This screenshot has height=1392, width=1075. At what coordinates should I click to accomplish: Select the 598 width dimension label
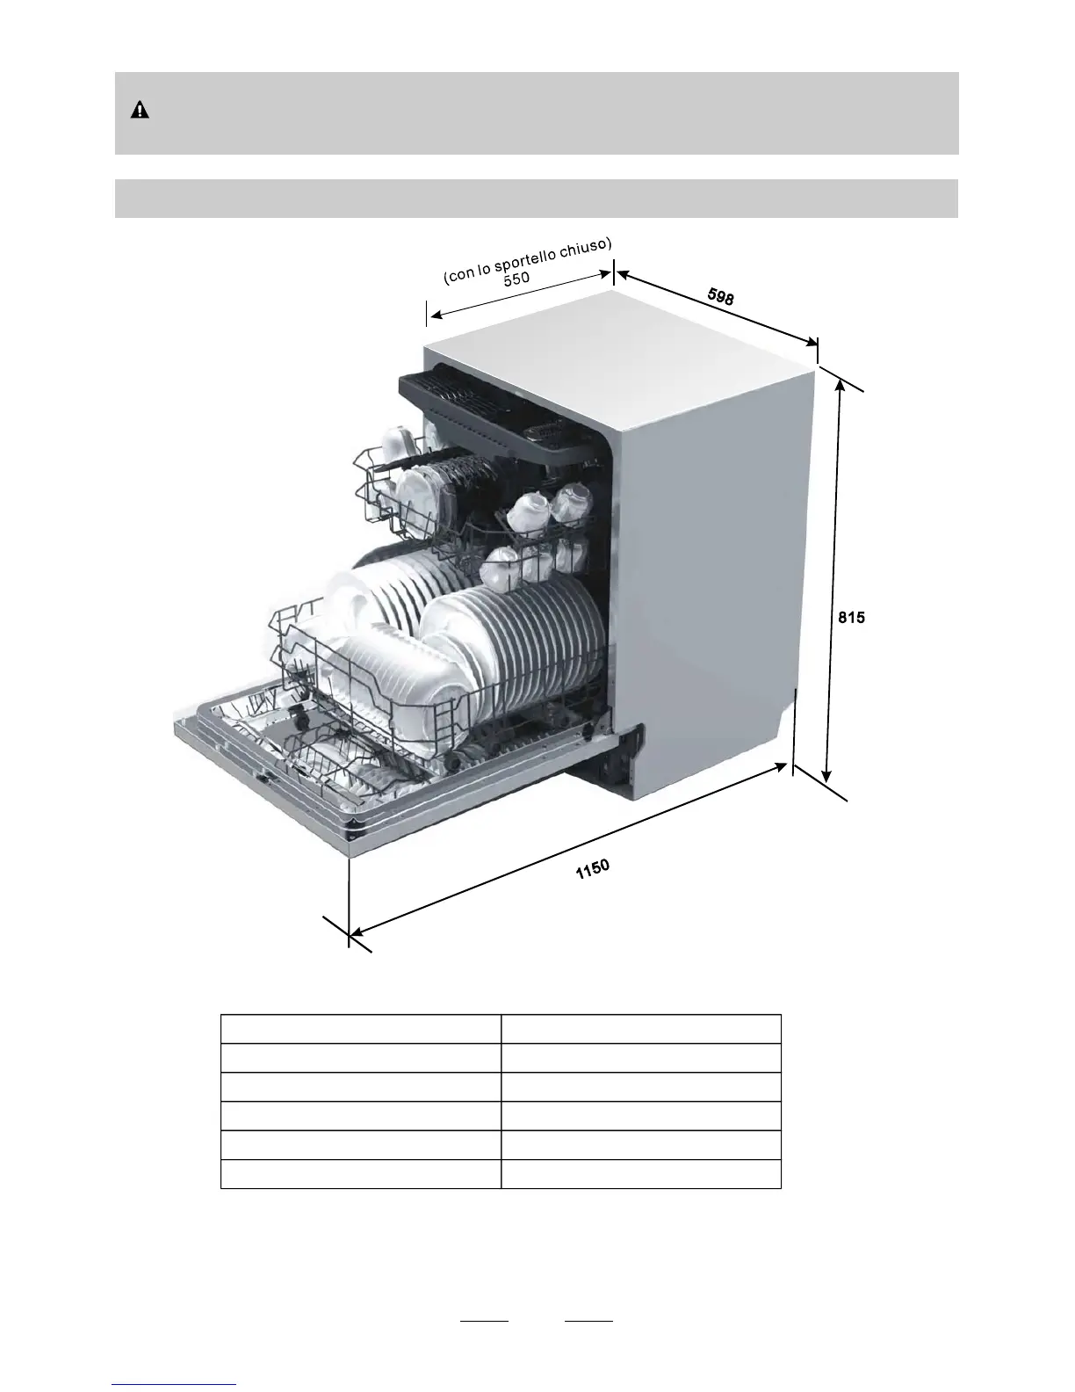pyautogui.click(x=720, y=297)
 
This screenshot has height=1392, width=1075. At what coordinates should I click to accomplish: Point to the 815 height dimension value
pyautogui.click(x=850, y=618)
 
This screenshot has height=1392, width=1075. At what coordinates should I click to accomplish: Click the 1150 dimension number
pyautogui.click(x=592, y=870)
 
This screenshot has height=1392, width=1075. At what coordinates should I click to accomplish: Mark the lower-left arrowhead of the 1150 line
pyautogui.click(x=354, y=934)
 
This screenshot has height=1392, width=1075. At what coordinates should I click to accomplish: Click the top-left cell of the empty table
pyautogui.click(x=360, y=1029)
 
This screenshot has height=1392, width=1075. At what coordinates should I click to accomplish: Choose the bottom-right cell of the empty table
pyautogui.click(x=640, y=1174)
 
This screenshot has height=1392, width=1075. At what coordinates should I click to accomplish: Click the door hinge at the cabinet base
pyautogui.click(x=620, y=756)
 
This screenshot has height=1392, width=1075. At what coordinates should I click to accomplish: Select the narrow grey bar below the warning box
pyautogui.click(x=536, y=198)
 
